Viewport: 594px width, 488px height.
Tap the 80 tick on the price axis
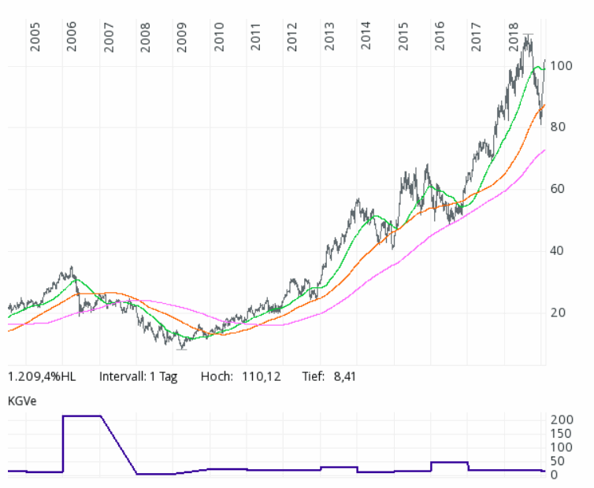tap(559, 127)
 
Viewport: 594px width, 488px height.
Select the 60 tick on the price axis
tap(559, 189)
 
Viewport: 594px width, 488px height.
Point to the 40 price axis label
tap(559, 251)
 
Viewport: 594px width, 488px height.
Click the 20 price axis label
tap(559, 312)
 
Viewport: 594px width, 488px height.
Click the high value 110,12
tap(259, 376)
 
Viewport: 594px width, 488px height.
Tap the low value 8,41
tap(343, 376)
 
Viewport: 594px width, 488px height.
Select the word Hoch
tap(217, 376)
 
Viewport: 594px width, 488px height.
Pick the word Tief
tap(313, 376)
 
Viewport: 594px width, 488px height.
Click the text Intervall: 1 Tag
tap(139, 376)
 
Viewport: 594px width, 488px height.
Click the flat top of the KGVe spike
tap(82, 416)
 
